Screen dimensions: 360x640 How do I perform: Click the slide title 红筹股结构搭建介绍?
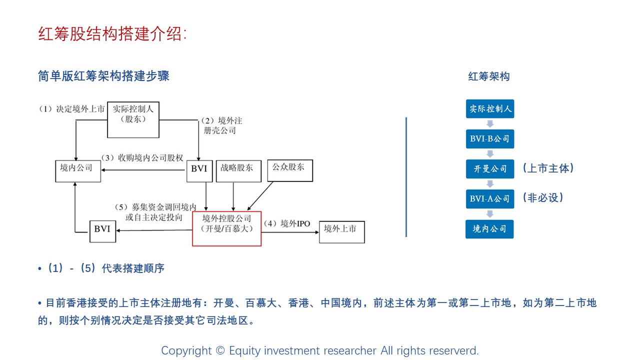pos(112,33)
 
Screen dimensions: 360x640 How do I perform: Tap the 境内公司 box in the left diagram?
pos(77,170)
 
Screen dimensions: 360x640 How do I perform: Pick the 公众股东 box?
pos(290,170)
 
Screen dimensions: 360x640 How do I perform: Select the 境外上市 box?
pos(342,231)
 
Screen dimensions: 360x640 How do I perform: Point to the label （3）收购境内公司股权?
pos(142,158)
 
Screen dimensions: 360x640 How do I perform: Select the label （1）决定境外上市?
pos(72,108)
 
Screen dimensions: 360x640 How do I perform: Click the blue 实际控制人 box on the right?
pos(490,109)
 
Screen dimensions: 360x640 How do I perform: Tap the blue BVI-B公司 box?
pos(490,138)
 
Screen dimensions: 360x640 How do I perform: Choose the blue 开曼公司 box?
pos(490,169)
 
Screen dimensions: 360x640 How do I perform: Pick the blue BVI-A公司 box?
pos(490,198)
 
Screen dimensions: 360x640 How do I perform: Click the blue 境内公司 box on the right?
pos(490,229)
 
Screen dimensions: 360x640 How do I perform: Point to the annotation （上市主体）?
pos(548,168)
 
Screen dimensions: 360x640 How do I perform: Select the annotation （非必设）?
pos(543,198)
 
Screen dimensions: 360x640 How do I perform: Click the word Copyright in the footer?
pos(186,351)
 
